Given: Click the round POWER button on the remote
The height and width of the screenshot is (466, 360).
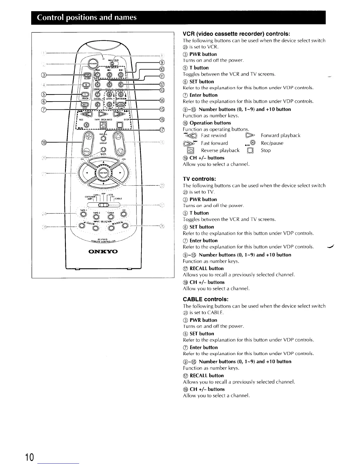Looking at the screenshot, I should tap(93, 64).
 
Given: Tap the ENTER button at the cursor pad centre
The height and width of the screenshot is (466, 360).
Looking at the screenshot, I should tap(103, 173).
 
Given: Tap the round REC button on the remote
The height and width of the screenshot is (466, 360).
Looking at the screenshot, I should tap(86, 125).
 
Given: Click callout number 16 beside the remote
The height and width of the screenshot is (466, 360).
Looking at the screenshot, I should tap(162, 119).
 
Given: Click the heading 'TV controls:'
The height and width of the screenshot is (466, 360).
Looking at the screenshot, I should tap(199, 179).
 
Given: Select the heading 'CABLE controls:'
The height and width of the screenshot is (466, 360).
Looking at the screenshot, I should tap(206, 299).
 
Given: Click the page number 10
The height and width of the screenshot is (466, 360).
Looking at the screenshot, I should tap(29, 457).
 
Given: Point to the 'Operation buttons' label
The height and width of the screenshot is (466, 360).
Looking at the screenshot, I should tap(210, 123).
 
